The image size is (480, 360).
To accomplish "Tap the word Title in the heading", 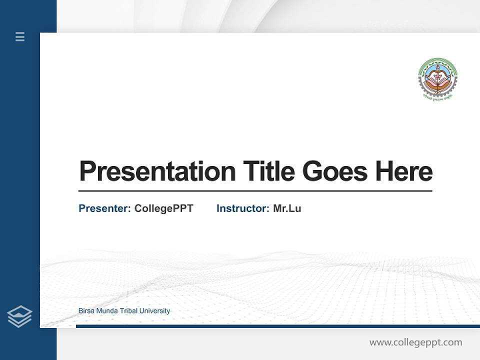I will click(x=268, y=171).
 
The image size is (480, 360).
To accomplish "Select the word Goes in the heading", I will click(x=335, y=171).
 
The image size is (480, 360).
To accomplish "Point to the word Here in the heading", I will click(x=404, y=171).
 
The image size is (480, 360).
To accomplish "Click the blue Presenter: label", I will click(x=104, y=208).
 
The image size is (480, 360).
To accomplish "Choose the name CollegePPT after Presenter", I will click(x=163, y=208).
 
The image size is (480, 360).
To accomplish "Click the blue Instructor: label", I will click(x=242, y=208).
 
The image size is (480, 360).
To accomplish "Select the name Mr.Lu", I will click(x=287, y=208).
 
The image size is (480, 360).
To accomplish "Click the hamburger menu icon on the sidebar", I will click(x=20, y=36).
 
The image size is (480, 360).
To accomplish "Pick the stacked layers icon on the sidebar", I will click(x=19, y=316).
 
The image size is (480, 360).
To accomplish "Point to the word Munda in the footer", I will click(x=107, y=311).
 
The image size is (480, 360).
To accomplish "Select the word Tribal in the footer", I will click(x=128, y=311).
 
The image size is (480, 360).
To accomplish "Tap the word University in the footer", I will click(x=155, y=311).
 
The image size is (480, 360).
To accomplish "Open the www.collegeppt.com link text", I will click(x=415, y=342).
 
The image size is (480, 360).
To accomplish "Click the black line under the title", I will click(x=255, y=191).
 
